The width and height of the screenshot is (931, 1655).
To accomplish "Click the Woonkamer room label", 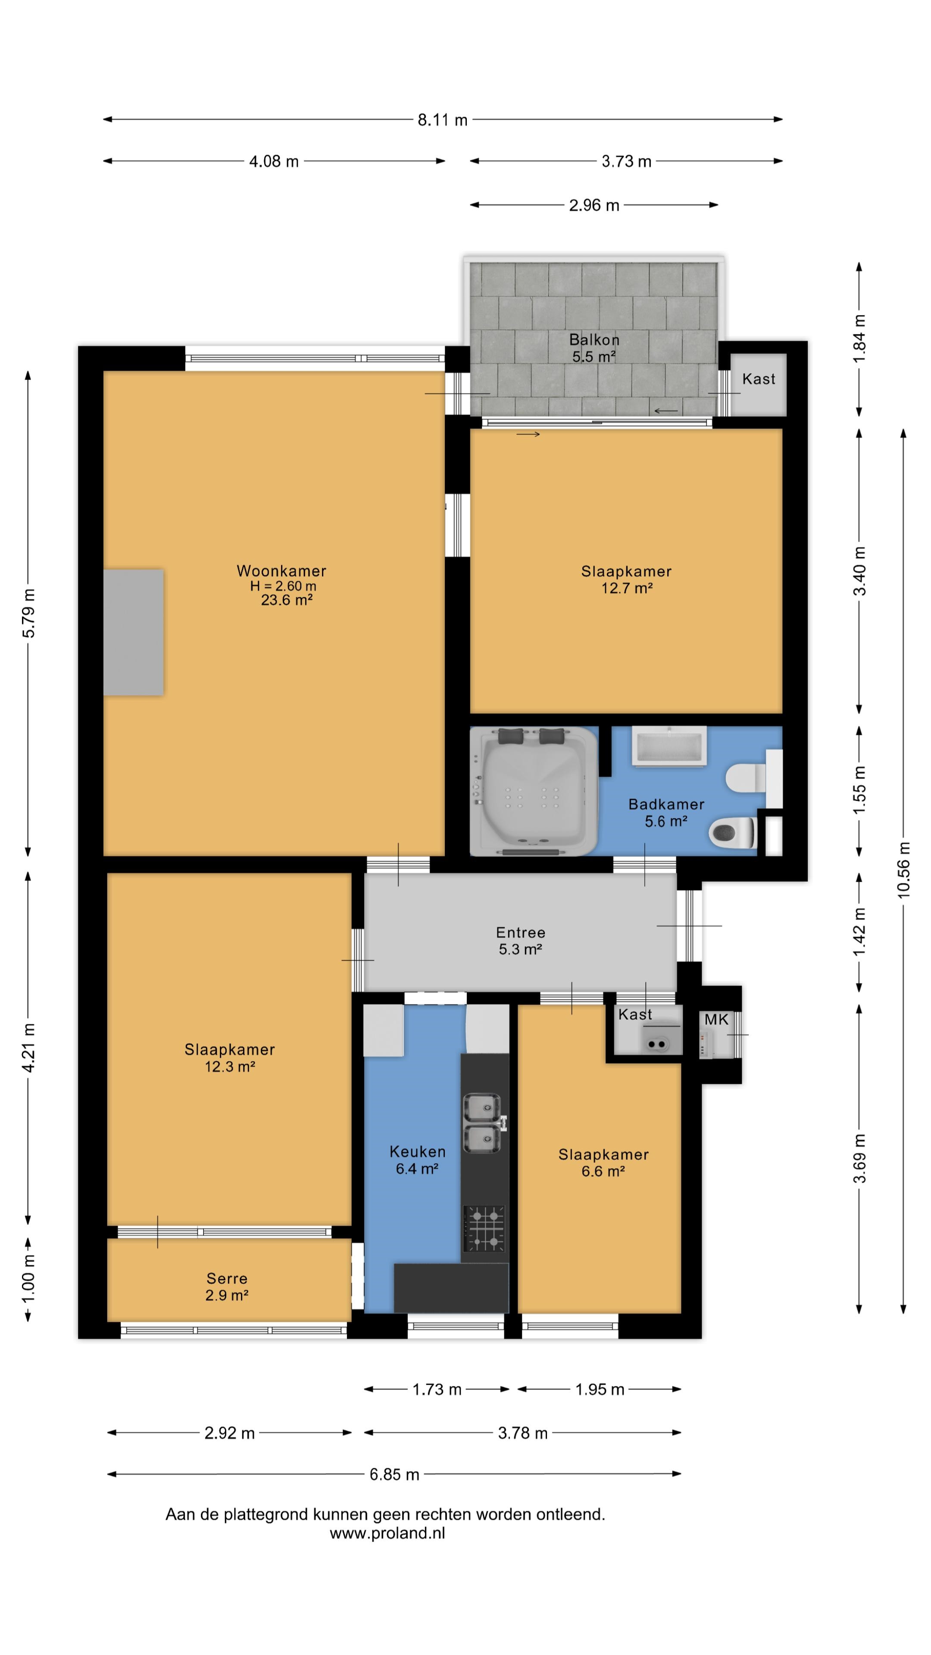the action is [281, 571].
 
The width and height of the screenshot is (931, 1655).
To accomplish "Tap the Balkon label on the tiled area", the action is [594, 340].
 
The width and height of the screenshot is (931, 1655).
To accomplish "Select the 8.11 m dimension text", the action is [443, 120].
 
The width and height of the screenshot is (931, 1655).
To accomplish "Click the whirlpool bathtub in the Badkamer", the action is [534, 792].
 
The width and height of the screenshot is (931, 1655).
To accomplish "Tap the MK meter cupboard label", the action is [716, 1020].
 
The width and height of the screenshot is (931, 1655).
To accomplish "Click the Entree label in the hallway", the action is [520, 932].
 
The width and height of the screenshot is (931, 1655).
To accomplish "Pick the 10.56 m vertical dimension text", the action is [903, 870].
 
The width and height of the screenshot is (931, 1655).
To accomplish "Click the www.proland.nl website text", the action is [387, 1533].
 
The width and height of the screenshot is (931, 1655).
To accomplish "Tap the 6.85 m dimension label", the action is [394, 1474].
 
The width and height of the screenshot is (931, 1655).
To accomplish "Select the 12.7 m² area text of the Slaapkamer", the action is [626, 588].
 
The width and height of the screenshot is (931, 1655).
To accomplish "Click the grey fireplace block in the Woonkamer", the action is [134, 632].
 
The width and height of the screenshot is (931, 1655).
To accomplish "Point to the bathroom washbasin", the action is [669, 746].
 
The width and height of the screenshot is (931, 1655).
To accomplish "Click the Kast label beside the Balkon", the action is [759, 379].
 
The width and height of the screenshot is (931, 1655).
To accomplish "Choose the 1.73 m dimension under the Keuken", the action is [437, 1390].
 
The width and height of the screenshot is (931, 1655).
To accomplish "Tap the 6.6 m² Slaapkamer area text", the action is [603, 1171].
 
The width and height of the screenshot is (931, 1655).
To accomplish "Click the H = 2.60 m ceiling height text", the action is [283, 586].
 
